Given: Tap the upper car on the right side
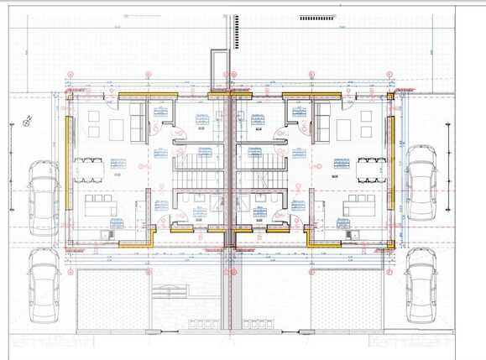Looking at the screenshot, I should (420, 180).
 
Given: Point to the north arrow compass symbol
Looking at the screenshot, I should (28, 121).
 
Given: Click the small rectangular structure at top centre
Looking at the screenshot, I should (220, 67).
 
